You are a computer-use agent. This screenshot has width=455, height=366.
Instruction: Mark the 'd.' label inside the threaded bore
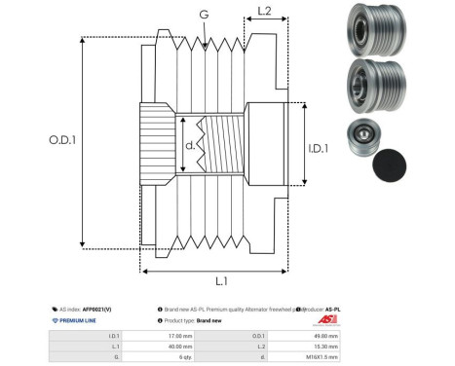point(190,147)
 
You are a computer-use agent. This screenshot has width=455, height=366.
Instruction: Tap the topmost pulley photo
point(373,31)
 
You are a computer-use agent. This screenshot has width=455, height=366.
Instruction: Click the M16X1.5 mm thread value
point(316,356)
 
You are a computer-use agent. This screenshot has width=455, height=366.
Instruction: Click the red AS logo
point(326,319)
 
